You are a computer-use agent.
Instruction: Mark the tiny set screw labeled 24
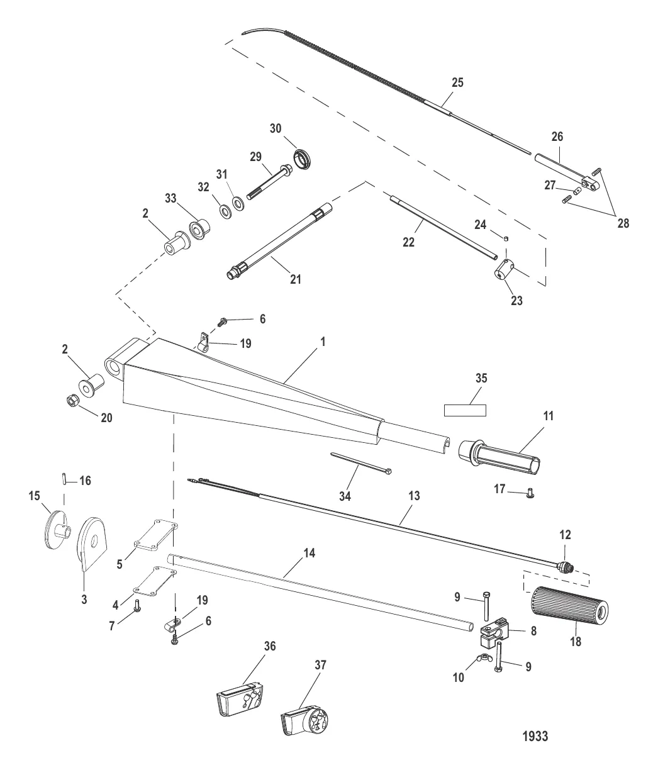[x=506, y=238]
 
